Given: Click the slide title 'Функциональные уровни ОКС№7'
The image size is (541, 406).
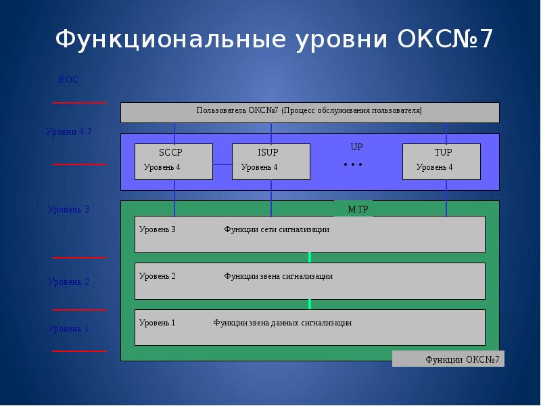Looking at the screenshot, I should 274,39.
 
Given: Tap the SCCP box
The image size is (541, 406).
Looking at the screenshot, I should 173,161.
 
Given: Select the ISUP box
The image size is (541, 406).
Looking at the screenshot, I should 270,161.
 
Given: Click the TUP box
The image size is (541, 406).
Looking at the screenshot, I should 441,161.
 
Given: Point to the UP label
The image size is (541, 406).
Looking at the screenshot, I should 356,147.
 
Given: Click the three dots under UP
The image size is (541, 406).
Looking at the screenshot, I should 353,164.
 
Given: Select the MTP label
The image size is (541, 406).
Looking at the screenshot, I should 358,209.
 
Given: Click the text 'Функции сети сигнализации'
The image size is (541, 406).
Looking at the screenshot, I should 277,229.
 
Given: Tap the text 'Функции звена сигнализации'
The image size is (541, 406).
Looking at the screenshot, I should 278,276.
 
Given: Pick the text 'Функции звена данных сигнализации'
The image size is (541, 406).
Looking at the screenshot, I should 282,323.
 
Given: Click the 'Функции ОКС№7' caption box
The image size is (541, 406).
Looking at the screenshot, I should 448,359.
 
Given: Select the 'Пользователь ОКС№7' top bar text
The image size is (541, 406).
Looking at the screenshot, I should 309,110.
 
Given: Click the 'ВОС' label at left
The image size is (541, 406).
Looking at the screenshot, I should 68,80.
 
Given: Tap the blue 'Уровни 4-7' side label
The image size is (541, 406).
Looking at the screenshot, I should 68,132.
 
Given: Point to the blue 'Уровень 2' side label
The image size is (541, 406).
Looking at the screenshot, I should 68,281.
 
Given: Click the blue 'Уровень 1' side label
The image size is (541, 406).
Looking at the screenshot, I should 68,329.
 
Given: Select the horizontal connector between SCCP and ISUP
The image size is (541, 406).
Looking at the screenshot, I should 222,164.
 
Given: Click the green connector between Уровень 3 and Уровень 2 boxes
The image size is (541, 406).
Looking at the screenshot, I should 310,257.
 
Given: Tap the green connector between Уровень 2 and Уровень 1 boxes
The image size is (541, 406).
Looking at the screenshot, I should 310,304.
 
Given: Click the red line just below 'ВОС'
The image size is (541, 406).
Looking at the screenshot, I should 79,103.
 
